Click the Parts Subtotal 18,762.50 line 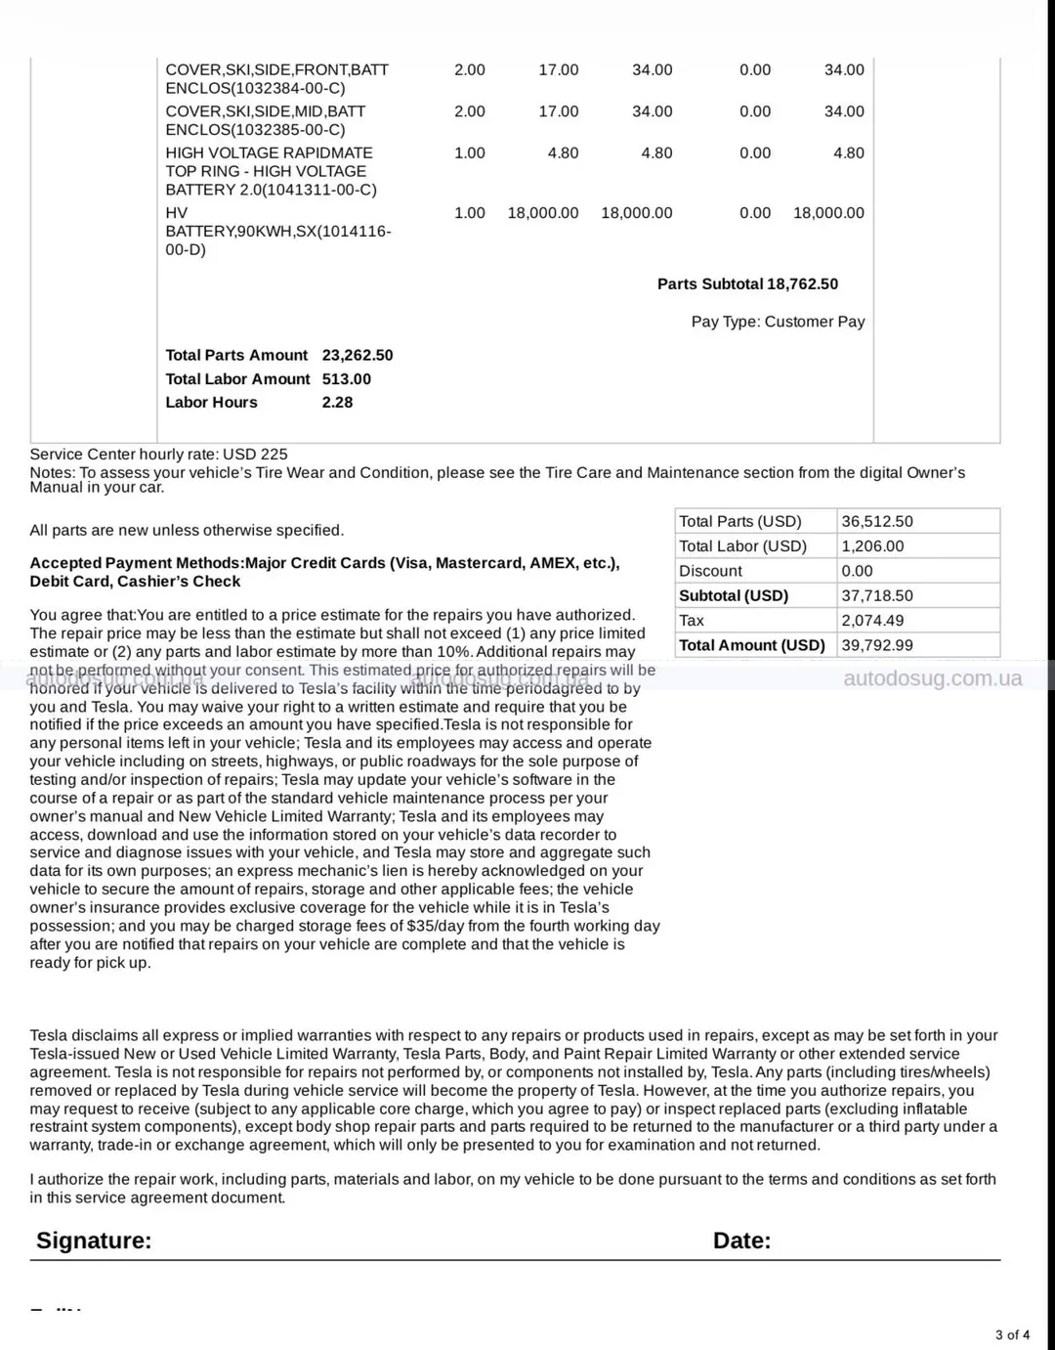(x=747, y=284)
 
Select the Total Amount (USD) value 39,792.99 (x=876, y=645)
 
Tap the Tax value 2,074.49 (x=871, y=621)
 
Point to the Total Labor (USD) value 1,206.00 (x=871, y=546)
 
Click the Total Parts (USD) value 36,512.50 (x=876, y=522)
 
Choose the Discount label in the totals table (x=710, y=571)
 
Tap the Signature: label (x=94, y=1241)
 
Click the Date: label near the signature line (x=741, y=1241)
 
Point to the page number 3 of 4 (x=1012, y=1334)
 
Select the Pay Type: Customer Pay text (x=778, y=322)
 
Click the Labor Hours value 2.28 (x=337, y=402)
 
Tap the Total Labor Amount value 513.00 (x=346, y=378)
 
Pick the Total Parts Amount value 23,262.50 (x=357, y=355)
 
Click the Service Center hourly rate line (x=158, y=454)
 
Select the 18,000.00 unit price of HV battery (x=542, y=213)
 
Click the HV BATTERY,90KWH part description (x=277, y=231)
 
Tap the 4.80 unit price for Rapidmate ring (x=563, y=152)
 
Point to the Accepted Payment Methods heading (x=323, y=572)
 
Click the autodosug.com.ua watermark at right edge (x=932, y=678)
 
